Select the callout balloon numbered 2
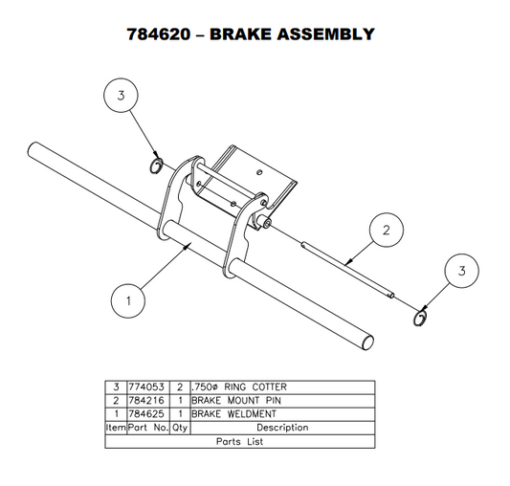coord(386,230)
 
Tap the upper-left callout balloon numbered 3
coord(122,97)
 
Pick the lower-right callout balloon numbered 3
coord(462,273)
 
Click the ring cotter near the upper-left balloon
coord(156,168)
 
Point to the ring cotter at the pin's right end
coord(420,317)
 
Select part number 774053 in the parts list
coord(148,386)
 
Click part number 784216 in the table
coord(148,400)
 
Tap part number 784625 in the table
coord(148,413)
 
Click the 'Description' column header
coord(282,428)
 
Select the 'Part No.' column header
coord(148,428)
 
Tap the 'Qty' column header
coord(178,428)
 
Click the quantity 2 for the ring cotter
coord(178,386)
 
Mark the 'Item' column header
coord(116,428)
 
